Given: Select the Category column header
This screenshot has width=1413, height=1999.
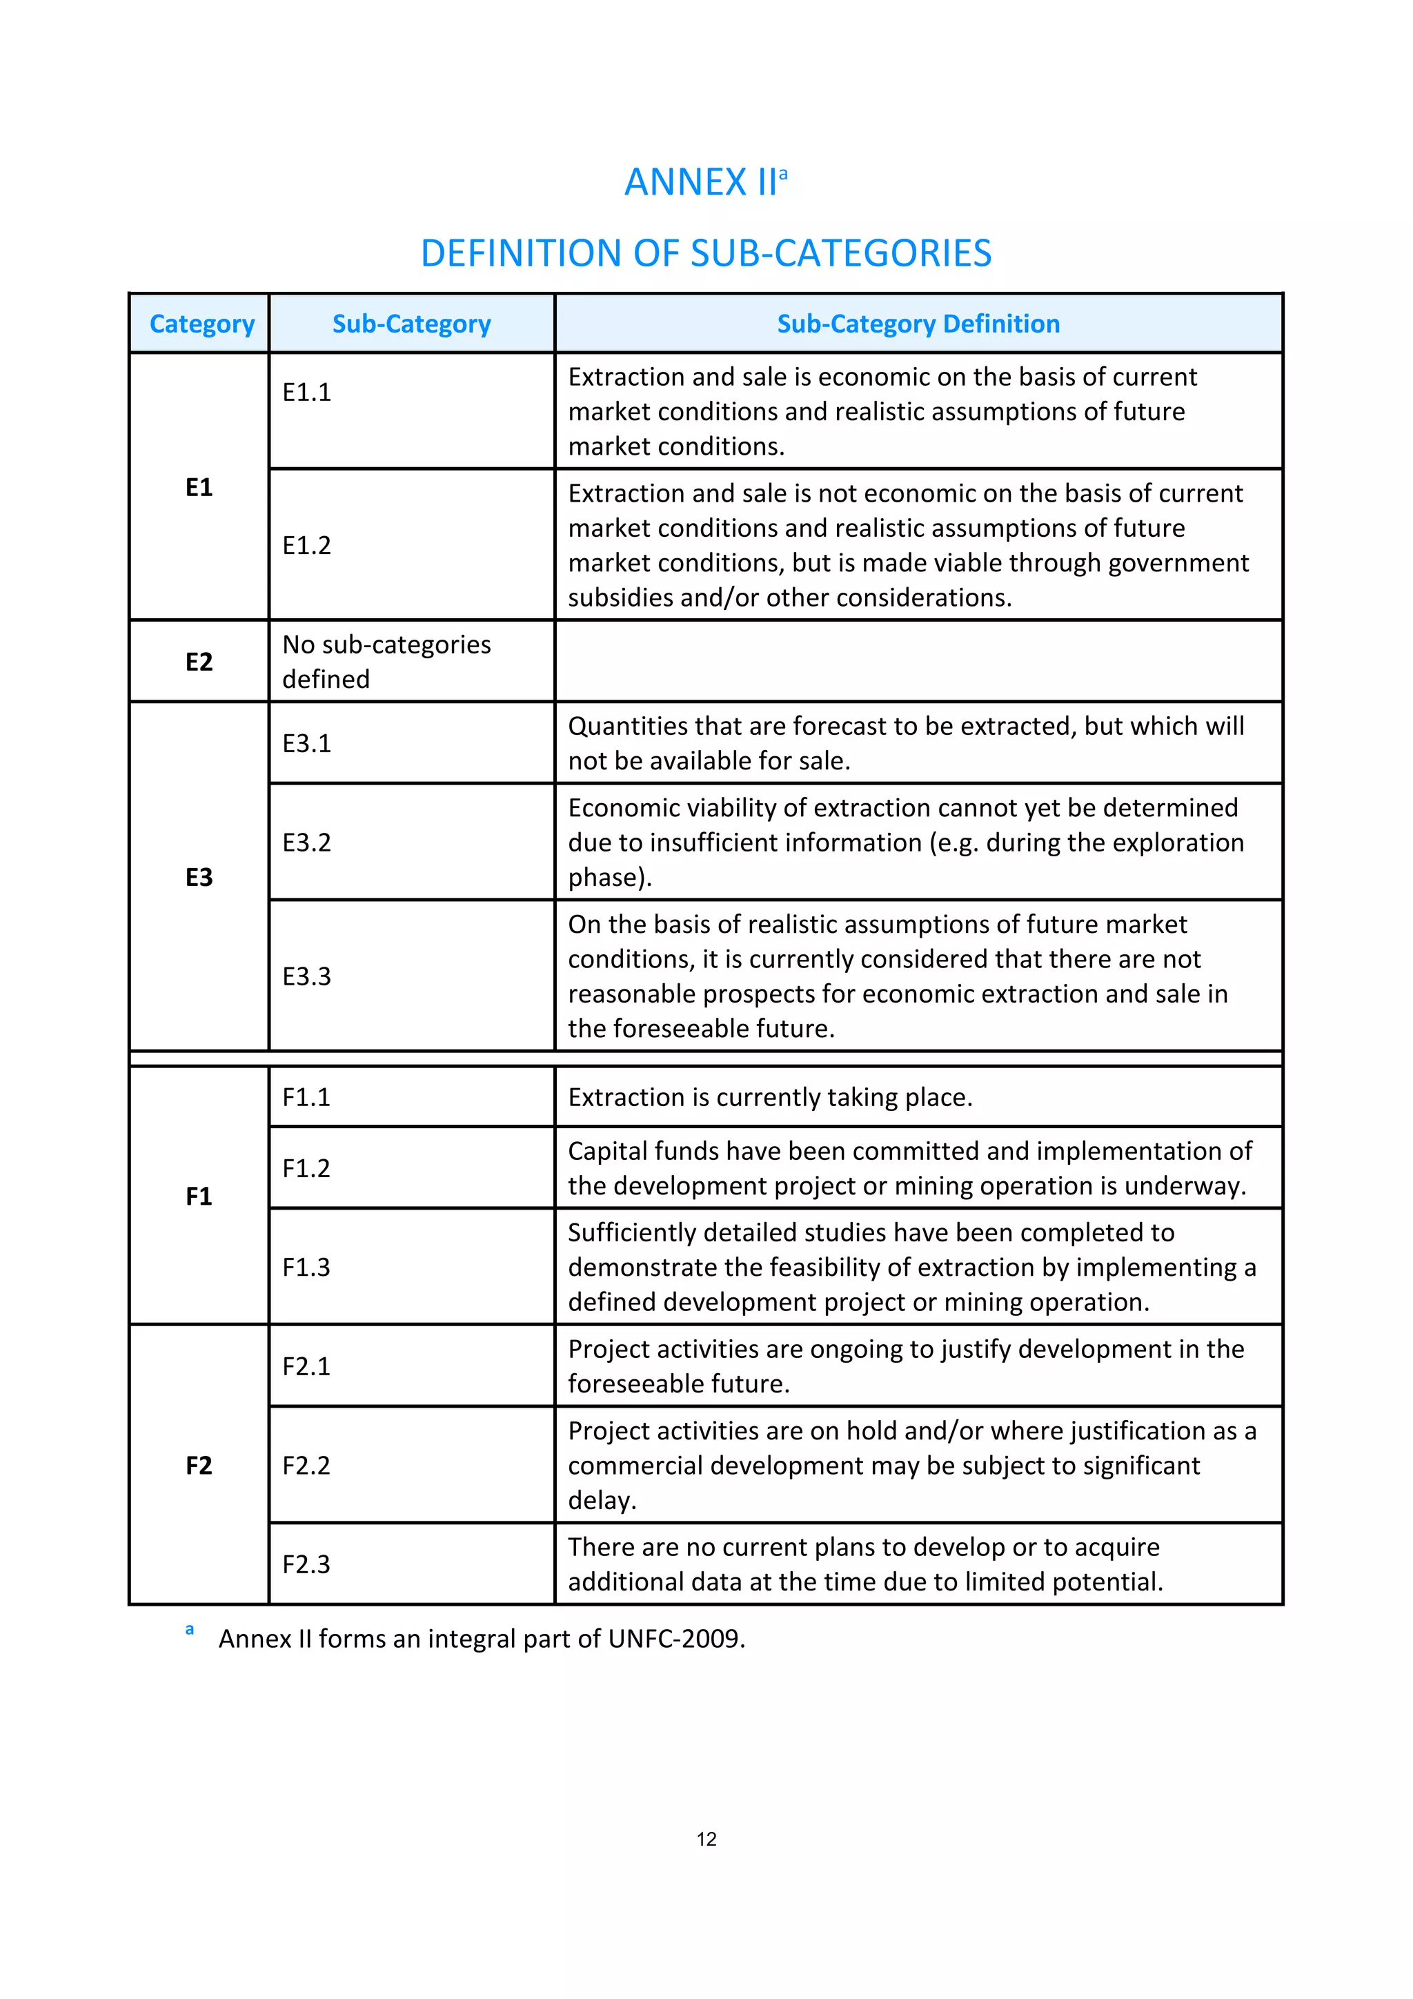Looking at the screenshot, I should pos(202,324).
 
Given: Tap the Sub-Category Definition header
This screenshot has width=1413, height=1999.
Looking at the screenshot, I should pos(918,324).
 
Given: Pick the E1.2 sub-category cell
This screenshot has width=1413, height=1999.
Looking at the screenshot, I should pos(306,545).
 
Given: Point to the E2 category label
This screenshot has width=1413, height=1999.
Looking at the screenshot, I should pos(199,662).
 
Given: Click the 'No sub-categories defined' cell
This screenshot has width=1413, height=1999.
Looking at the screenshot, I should pos(386,662).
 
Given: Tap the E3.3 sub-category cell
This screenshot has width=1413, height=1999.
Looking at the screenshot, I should pos(306,976).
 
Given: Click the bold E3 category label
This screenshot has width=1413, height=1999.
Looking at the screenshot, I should pos(199,877).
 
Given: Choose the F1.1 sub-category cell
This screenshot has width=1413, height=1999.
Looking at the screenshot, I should pos(306,1097).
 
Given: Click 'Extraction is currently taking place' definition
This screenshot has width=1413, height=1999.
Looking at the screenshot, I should pos(769,1097).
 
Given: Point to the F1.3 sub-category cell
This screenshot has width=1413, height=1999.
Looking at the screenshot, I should pos(306,1267).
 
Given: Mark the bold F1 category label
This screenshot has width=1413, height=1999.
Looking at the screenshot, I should pos(199,1197).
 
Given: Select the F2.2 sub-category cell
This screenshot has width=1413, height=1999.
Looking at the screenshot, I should pos(306,1466).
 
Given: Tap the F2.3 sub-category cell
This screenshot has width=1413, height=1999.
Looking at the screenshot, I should pos(306,1564).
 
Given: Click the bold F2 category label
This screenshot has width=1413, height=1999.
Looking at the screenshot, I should pos(199,1466).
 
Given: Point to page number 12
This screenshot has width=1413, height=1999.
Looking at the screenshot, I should pos(706,1839).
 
